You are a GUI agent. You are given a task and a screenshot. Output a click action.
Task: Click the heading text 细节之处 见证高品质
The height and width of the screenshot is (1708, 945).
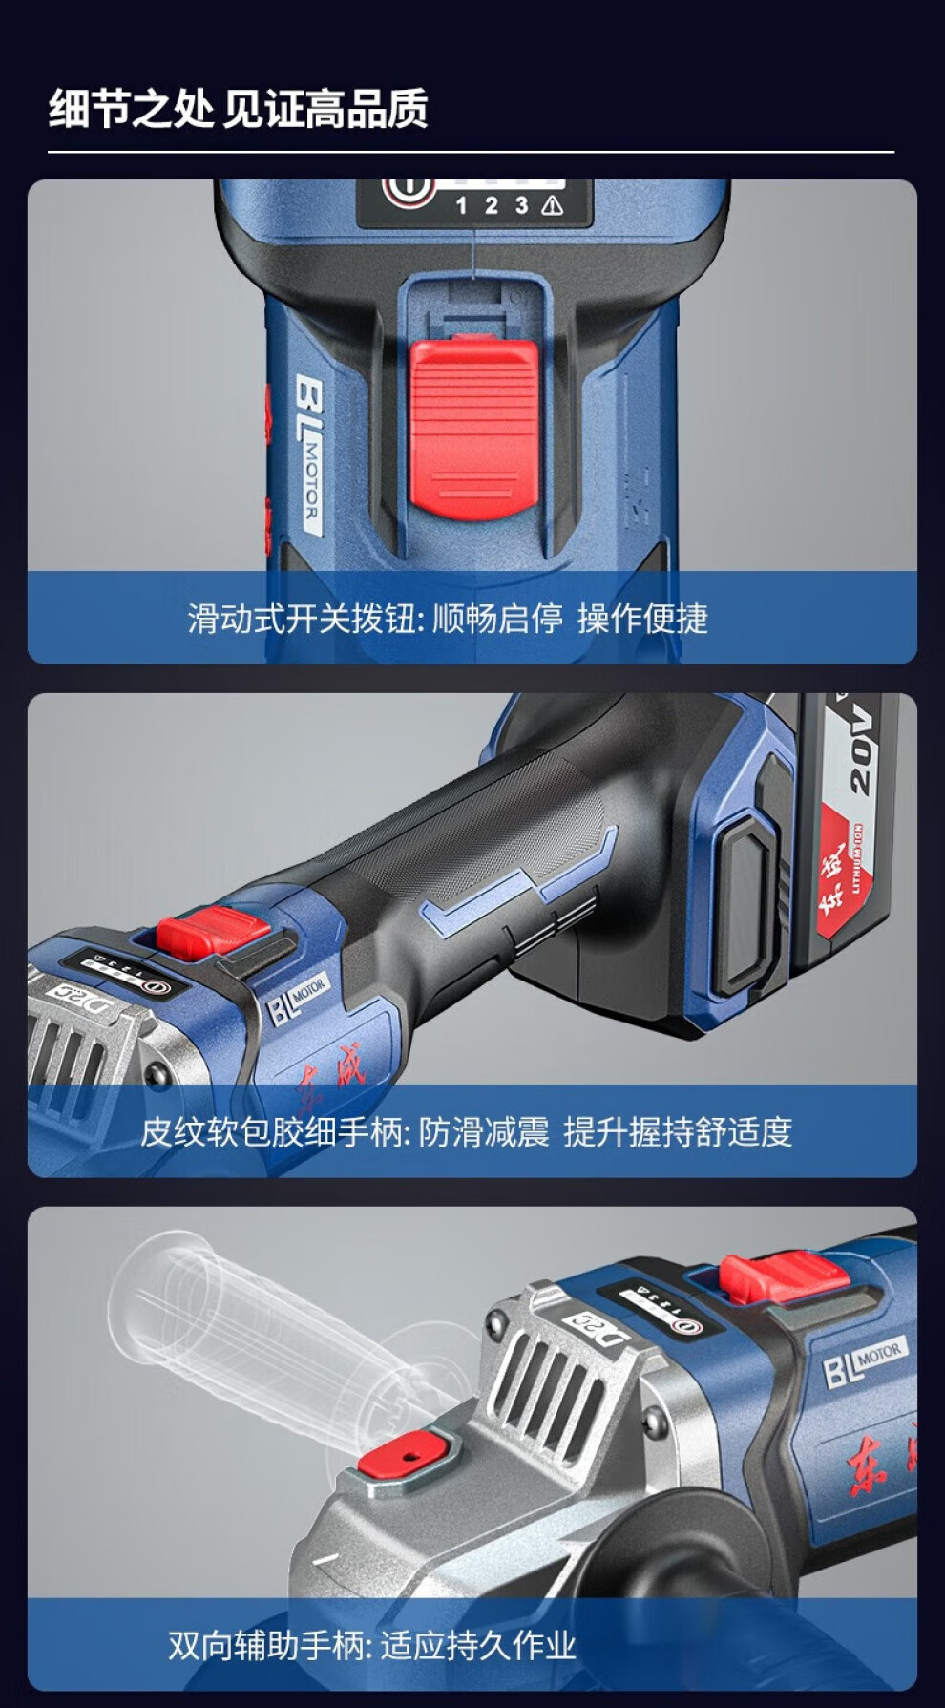tap(238, 108)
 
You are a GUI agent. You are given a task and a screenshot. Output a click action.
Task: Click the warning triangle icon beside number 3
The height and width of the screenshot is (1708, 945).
tap(551, 205)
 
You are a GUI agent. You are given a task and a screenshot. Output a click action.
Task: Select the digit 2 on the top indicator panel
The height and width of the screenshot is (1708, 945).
tap(491, 205)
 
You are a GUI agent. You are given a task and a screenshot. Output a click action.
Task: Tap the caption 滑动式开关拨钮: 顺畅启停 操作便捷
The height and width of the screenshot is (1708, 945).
tap(448, 619)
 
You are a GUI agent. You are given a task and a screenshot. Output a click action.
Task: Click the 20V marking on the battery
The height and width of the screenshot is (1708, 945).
tap(861, 750)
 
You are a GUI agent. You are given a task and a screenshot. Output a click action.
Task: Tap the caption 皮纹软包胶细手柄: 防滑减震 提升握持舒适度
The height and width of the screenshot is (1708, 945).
tap(467, 1132)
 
